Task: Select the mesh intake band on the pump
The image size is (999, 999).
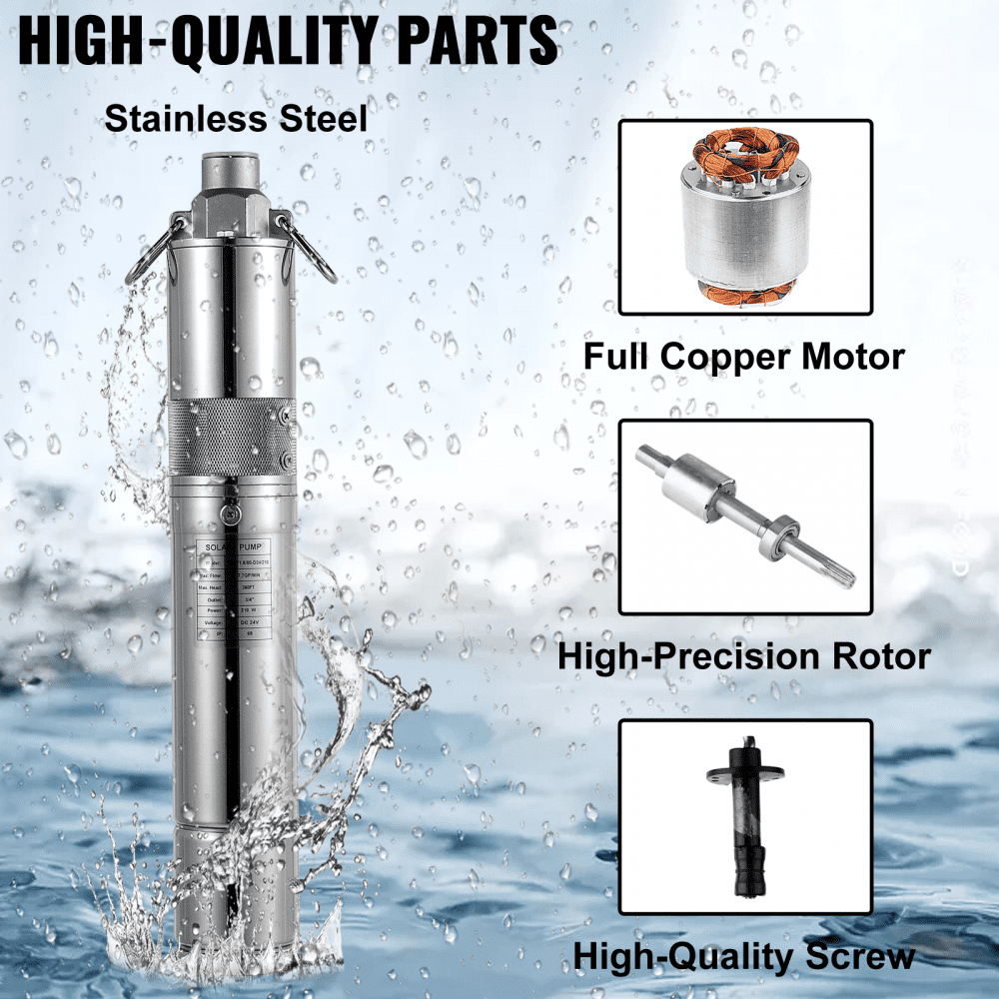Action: (232, 437)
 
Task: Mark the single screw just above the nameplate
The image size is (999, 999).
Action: (231, 513)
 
